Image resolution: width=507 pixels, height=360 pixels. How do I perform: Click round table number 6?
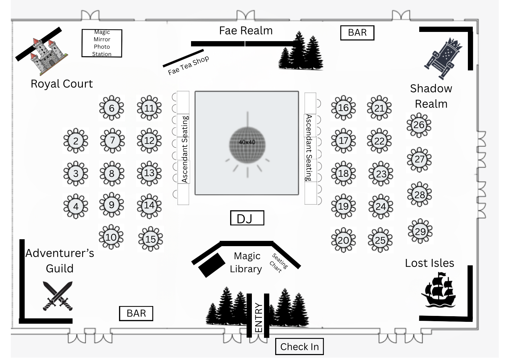(111, 108)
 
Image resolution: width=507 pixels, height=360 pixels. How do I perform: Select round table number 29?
(420, 231)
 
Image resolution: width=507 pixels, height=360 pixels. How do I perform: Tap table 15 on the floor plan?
(151, 239)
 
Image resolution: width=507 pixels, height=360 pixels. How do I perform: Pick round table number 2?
(76, 141)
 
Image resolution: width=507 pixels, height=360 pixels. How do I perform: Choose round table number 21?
(379, 108)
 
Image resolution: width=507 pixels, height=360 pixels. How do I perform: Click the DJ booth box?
(247, 218)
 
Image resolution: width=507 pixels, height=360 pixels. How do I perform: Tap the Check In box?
(300, 347)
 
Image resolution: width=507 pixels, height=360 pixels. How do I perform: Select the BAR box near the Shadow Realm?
(357, 33)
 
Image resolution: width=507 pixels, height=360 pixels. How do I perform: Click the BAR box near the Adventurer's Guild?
(136, 314)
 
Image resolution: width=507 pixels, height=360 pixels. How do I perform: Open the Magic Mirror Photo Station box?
(102, 43)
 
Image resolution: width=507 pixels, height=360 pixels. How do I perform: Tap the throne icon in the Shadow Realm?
(443, 59)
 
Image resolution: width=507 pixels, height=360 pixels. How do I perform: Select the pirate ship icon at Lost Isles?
(438, 290)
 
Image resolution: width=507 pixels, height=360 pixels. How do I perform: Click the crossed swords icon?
(58, 296)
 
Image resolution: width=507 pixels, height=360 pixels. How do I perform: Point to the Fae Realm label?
(246, 31)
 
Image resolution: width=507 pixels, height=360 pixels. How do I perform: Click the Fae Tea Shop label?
(188, 65)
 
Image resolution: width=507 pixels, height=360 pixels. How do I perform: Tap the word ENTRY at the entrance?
(258, 318)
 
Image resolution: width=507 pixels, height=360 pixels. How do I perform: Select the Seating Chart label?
(278, 263)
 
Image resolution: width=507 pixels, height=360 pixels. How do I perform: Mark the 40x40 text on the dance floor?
(247, 142)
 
